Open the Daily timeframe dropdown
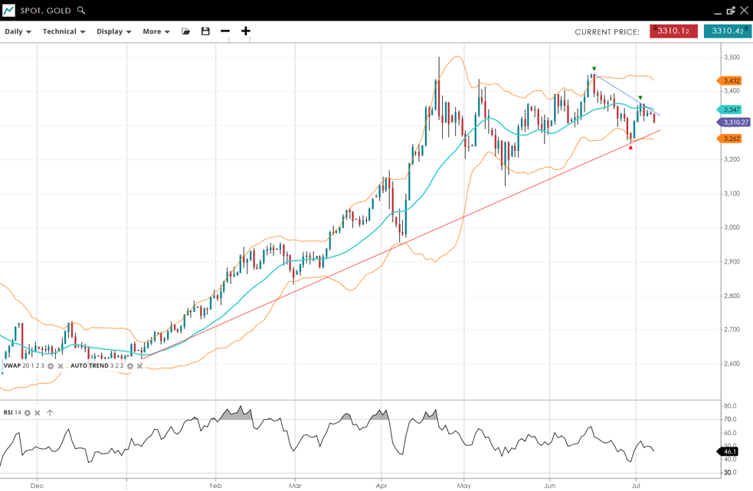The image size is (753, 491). [x=18, y=31]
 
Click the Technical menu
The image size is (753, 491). [x=64, y=31]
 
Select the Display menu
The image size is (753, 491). [x=113, y=31]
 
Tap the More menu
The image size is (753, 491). [x=156, y=31]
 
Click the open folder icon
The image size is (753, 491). [x=185, y=31]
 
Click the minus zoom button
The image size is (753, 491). [x=225, y=31]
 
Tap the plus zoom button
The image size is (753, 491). [x=246, y=31]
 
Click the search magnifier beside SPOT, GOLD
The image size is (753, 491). [x=81, y=11]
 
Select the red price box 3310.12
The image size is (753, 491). [x=673, y=31]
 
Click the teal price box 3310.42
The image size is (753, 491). [x=727, y=31]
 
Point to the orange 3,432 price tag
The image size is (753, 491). [x=731, y=80]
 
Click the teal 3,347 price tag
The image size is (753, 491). [x=731, y=110]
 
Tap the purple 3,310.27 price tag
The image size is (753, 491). [x=735, y=123]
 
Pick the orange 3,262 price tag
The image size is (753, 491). [x=731, y=139]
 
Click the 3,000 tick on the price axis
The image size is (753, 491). [x=732, y=227]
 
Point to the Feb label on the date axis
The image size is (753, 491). [x=215, y=485]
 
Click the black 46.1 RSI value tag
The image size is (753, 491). [x=728, y=452]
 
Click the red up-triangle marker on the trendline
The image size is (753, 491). [x=630, y=147]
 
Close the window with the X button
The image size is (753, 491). [x=744, y=11]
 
